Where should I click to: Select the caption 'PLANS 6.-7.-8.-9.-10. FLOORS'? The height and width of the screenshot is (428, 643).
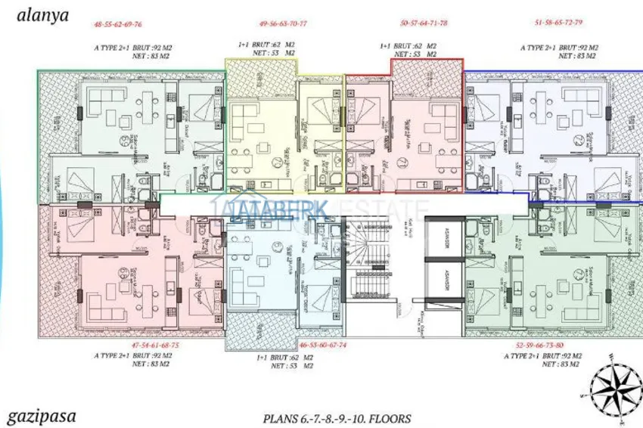[337, 417]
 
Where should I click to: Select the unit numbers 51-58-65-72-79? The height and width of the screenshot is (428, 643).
[557, 23]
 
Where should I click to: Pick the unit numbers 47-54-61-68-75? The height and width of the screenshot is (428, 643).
[155, 344]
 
